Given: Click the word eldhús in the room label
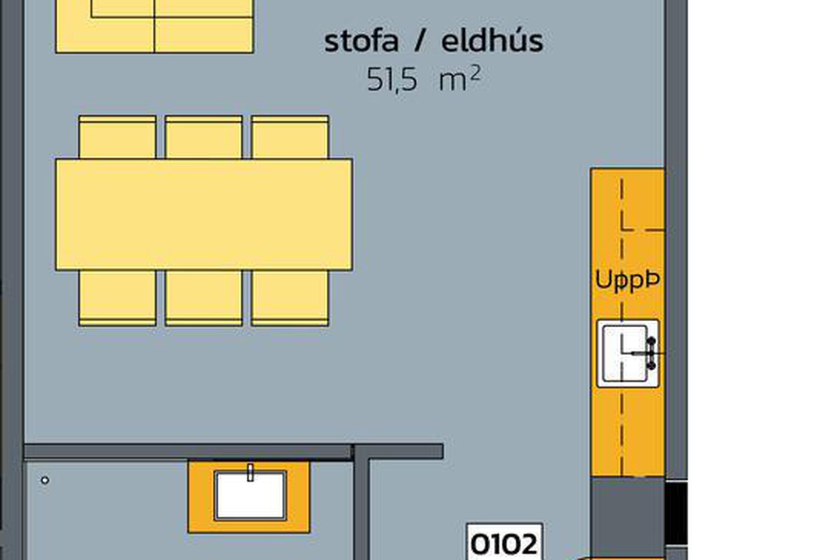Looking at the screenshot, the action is pyautogui.click(x=492, y=40).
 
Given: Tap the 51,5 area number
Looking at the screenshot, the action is pyautogui.click(x=392, y=79).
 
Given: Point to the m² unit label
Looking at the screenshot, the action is pyautogui.click(x=460, y=78).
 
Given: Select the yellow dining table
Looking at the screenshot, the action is pyautogui.click(x=204, y=214).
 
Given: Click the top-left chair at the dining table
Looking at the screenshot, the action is pyautogui.click(x=117, y=137).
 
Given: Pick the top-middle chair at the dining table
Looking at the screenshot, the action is pyautogui.click(x=204, y=137).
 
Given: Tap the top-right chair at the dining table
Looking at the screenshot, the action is pyautogui.click(x=290, y=137).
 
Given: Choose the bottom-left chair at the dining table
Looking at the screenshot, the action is pyautogui.click(x=117, y=298).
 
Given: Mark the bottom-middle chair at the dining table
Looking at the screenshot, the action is pyautogui.click(x=204, y=298).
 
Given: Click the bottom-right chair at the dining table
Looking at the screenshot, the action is pyautogui.click(x=290, y=298).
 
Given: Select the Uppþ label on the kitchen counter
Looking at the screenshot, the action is pyautogui.click(x=627, y=280).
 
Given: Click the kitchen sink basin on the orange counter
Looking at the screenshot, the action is pyautogui.click(x=625, y=353).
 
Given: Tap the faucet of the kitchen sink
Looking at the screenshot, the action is pyautogui.click(x=651, y=353).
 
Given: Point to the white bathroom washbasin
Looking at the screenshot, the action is pyautogui.click(x=250, y=496).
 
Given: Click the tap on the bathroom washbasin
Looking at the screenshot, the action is pyautogui.click(x=250, y=473).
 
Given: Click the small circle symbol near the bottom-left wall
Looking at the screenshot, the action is pyautogui.click(x=45, y=480).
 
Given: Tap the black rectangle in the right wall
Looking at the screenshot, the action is pyautogui.click(x=676, y=513).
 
